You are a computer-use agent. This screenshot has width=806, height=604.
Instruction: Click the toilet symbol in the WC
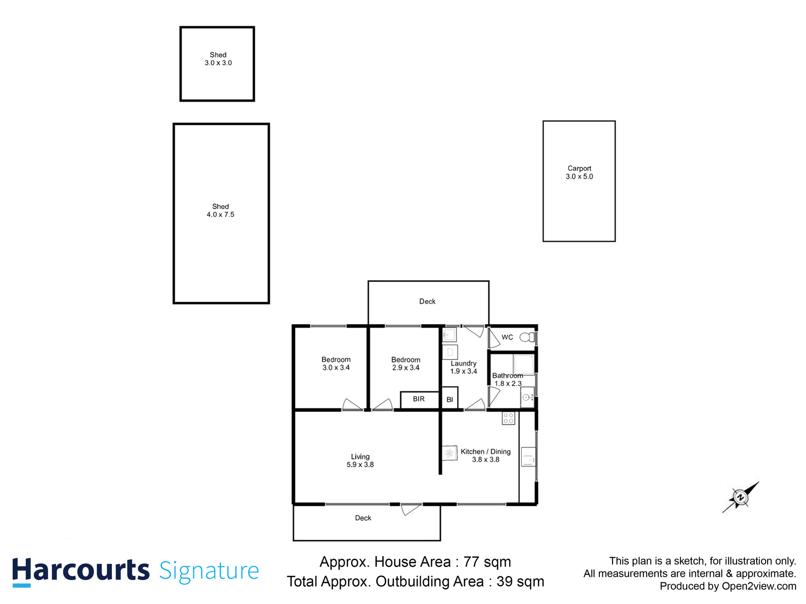pos(528,337)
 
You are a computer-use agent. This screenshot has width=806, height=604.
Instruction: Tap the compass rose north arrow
pos(741,497)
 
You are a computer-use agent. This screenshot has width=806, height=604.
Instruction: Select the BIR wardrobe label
pos(419,399)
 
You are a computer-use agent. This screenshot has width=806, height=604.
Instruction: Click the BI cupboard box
pos(450,399)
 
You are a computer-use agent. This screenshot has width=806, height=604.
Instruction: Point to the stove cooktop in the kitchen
pos(508,418)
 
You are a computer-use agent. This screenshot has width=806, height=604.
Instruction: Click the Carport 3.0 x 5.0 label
pos(579,173)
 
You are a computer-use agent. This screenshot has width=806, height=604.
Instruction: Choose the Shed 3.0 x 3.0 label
pos(218,59)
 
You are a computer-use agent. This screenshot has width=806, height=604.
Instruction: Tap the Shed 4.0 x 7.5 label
pos(221,210)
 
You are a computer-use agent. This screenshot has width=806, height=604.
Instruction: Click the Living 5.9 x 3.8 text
pos(360,461)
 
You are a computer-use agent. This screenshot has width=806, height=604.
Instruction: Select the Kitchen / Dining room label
pos(486,456)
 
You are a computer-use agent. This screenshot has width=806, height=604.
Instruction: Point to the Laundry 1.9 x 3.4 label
pos(463,367)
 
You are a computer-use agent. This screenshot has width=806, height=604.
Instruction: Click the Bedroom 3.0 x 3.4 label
pos(336,363)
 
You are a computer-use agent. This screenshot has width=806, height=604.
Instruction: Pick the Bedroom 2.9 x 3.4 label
pos(406,363)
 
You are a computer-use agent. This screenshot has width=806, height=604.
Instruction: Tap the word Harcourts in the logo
pos(81,571)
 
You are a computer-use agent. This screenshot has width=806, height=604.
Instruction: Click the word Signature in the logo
pos(209,571)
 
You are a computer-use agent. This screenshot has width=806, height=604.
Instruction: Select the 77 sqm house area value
pos(487,562)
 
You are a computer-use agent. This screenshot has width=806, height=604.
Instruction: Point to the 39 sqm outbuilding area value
pos(520,582)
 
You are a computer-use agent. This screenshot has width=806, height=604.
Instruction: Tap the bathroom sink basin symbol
pos(527,398)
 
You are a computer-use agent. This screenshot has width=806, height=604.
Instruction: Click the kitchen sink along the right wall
pos(528,457)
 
